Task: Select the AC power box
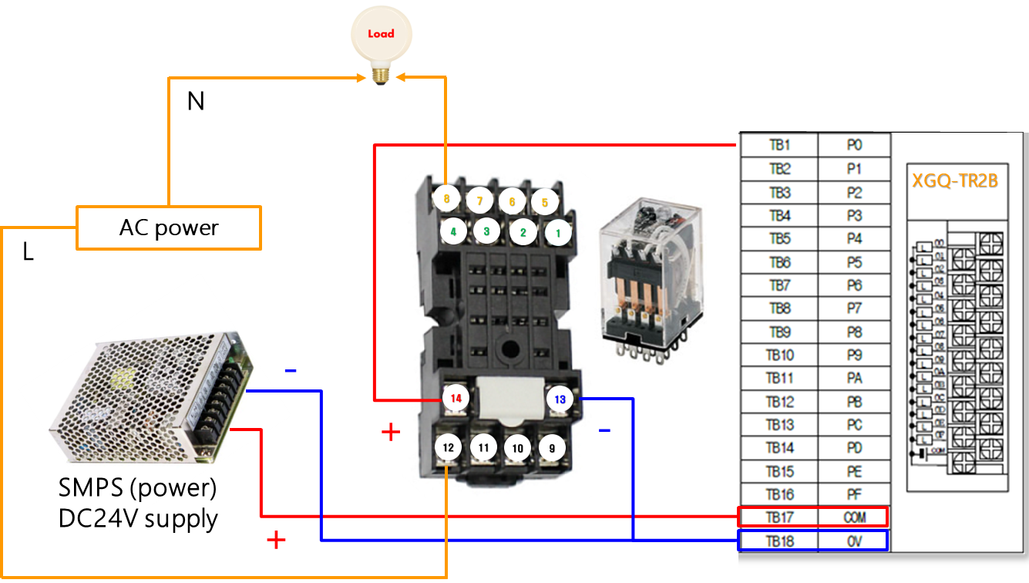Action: click(x=169, y=227)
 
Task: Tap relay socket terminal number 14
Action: click(x=456, y=399)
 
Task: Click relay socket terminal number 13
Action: click(x=560, y=399)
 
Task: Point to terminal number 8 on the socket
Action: click(x=446, y=199)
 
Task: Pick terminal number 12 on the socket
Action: click(x=448, y=447)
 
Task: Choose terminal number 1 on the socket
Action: click(x=558, y=231)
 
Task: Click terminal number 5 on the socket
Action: click(x=544, y=202)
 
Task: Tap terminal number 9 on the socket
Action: click(x=551, y=447)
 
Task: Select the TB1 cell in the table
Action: click(x=779, y=145)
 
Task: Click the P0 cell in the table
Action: click(x=854, y=145)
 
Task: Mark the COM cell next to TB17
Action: click(x=854, y=517)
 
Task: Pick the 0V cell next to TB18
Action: click(x=854, y=541)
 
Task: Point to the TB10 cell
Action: click(x=779, y=356)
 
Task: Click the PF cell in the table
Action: click(x=854, y=494)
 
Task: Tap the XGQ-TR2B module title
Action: click(x=955, y=181)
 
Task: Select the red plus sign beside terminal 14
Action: click(x=391, y=432)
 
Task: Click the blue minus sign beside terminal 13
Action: click(x=604, y=430)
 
